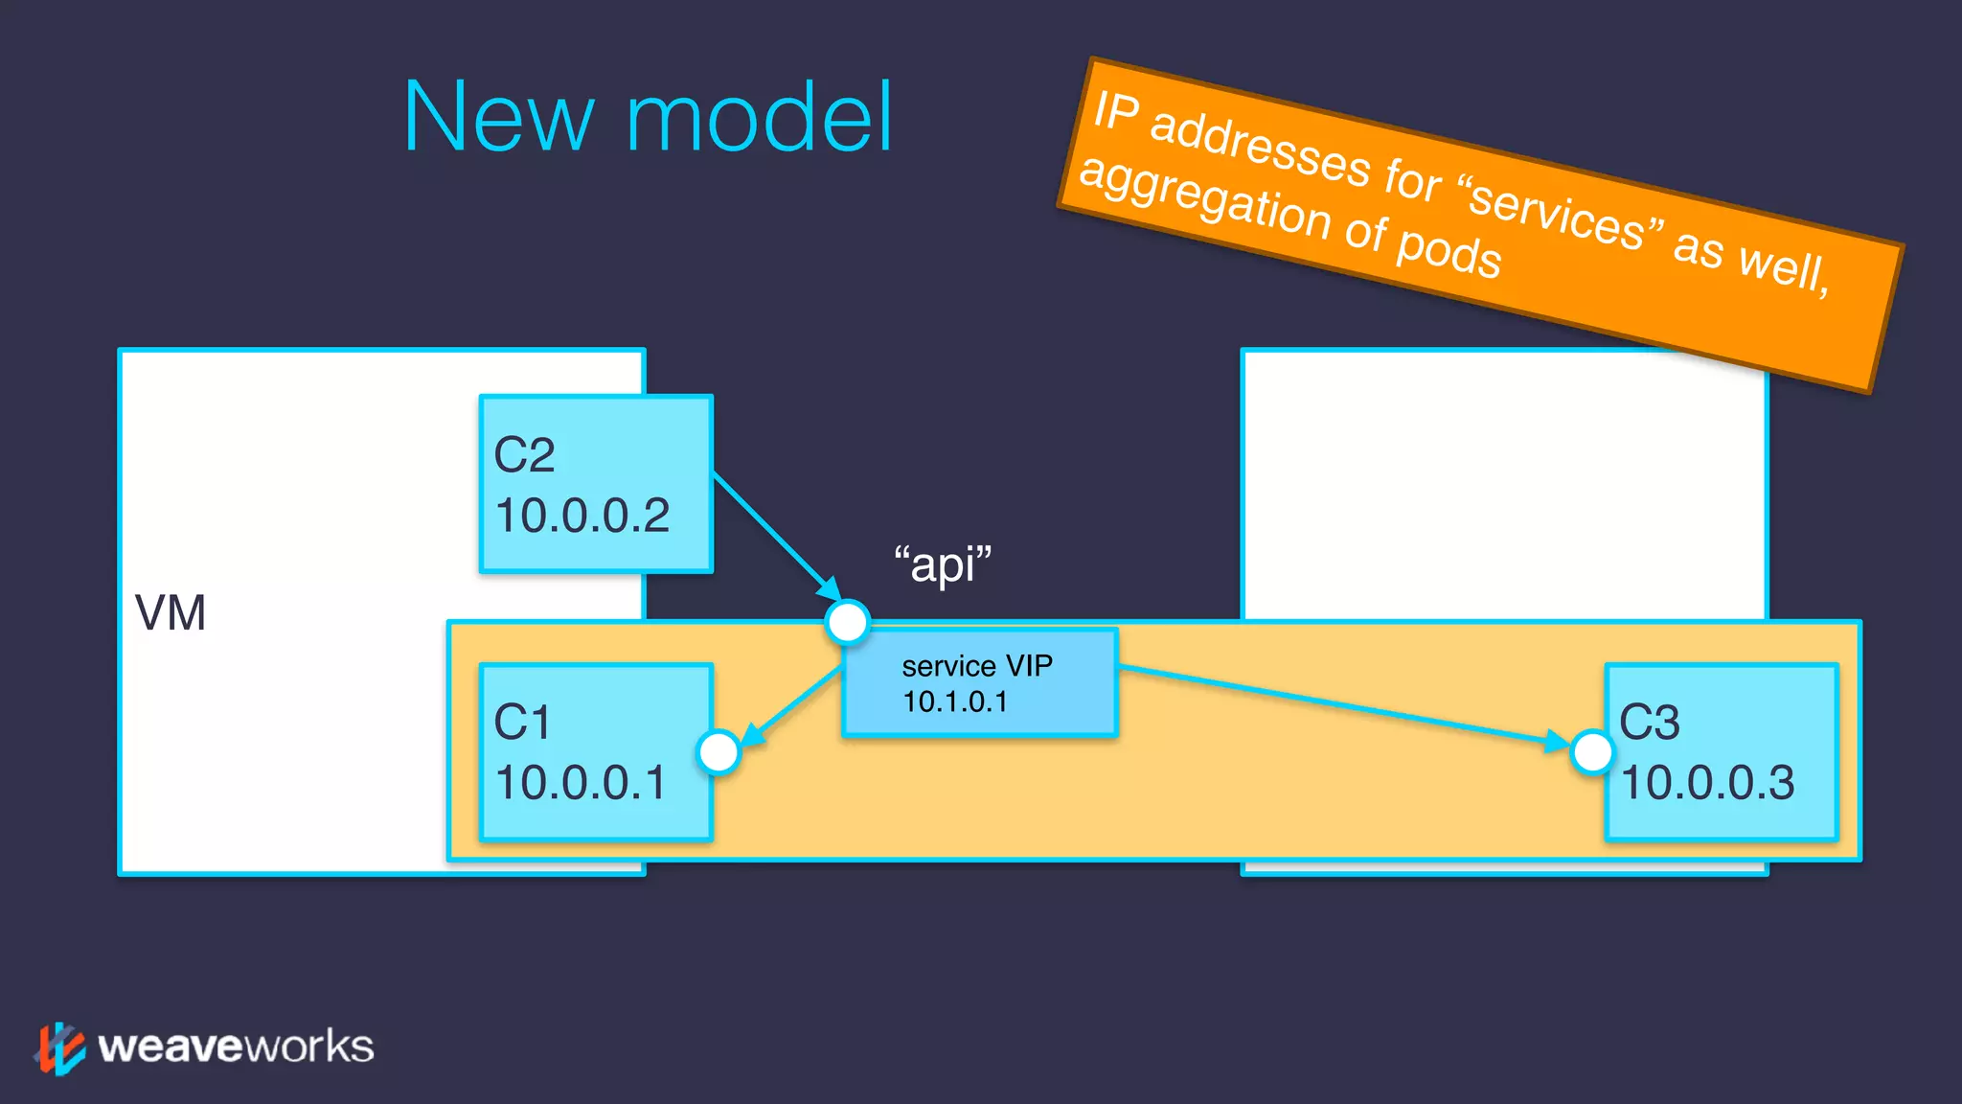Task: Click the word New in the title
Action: click(x=498, y=118)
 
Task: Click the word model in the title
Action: click(x=759, y=118)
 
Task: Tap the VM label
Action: click(x=171, y=613)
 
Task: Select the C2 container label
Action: click(x=524, y=454)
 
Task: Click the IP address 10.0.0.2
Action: click(x=582, y=516)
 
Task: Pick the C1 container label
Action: click(x=522, y=722)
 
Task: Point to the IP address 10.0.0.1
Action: click(x=580, y=782)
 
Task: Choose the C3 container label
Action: click(x=1649, y=722)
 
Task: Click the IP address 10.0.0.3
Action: click(x=1707, y=782)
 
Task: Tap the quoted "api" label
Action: click(x=943, y=563)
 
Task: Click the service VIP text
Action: click(x=977, y=665)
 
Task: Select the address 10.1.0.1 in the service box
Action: click(x=955, y=701)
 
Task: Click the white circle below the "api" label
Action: click(x=848, y=622)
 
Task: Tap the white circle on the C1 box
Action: click(x=719, y=752)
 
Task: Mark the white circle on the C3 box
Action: click(x=1592, y=752)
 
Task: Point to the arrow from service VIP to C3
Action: click(x=1341, y=704)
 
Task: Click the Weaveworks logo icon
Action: click(x=59, y=1047)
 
